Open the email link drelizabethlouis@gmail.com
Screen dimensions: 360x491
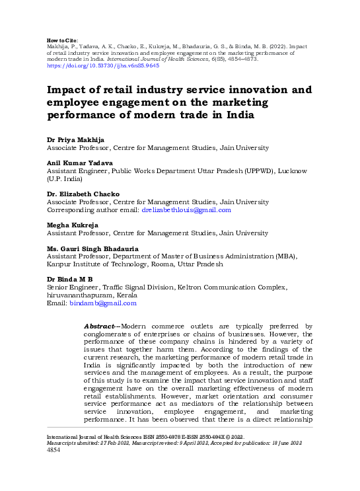pyautogui.click(x=186, y=210)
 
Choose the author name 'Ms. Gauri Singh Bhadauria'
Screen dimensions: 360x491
pyautogui.click(x=92, y=248)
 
